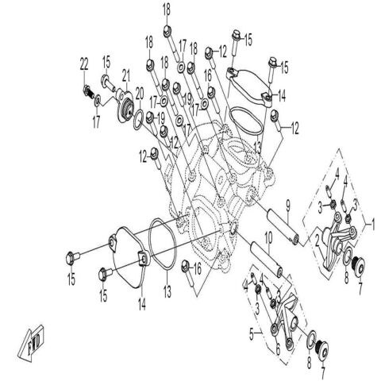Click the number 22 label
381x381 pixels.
[x=84, y=64]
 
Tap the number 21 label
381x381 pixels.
[x=126, y=75]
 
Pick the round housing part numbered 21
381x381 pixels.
[x=123, y=106]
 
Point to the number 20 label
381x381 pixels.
[x=140, y=93]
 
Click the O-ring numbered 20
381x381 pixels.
[x=139, y=121]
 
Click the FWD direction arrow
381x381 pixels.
[x=32, y=344]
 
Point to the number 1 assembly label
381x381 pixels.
[x=373, y=224]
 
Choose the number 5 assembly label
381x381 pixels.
[x=252, y=334]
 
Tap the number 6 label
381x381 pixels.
[x=278, y=349]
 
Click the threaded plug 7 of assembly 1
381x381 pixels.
[x=360, y=266]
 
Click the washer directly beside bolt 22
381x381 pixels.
[x=97, y=101]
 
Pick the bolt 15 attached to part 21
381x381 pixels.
[x=107, y=82]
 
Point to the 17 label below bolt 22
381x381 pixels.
[x=96, y=122]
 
